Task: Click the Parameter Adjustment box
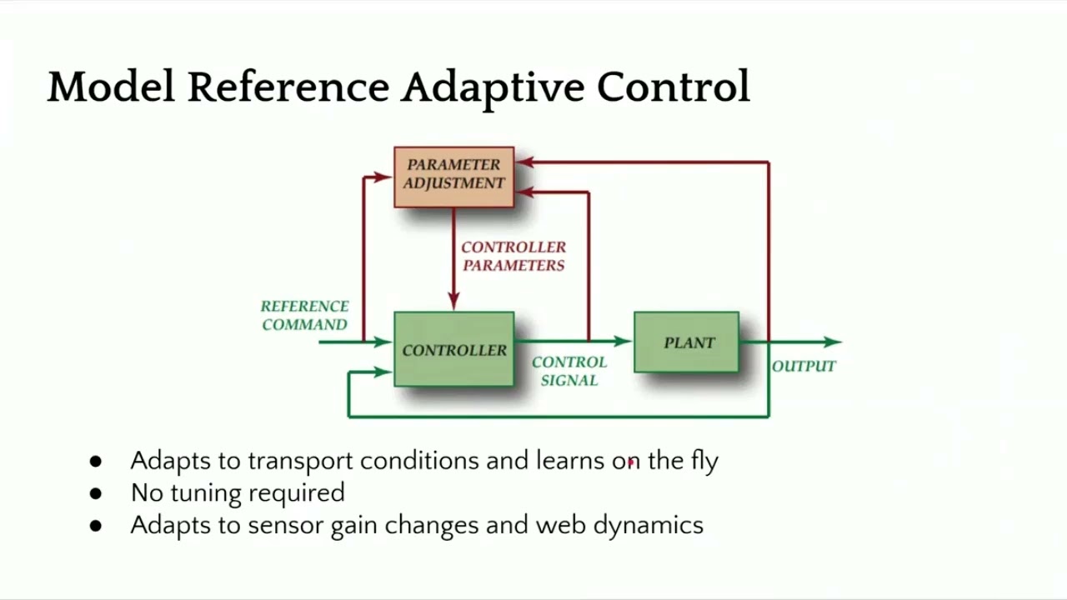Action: [453, 176]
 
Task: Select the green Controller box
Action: [453, 349]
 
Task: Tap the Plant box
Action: [686, 342]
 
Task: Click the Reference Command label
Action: [304, 316]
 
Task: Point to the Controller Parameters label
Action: [513, 256]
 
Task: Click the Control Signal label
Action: [569, 371]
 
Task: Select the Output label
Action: [804, 366]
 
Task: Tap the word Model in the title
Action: [111, 87]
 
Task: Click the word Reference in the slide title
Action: [288, 87]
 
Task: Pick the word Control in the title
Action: [673, 87]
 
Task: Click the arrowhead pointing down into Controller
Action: [453, 302]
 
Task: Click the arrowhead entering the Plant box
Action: [623, 341]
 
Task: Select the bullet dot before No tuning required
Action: [95, 493]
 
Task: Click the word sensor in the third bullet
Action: [286, 526]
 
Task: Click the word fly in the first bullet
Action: [704, 461]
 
